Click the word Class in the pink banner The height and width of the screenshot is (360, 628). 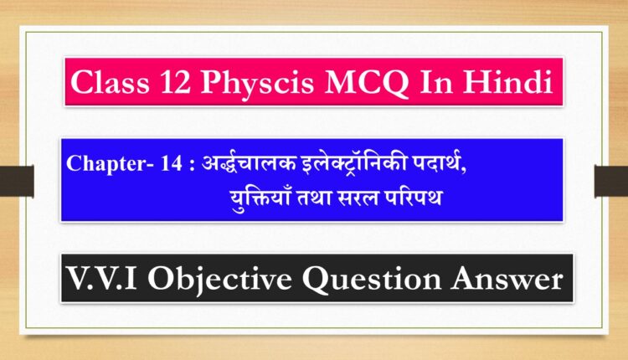click(110, 82)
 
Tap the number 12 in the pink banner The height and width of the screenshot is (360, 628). click(175, 82)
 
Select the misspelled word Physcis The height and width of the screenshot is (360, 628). click(257, 84)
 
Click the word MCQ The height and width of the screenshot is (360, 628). click(367, 83)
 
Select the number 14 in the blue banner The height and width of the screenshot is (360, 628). click(172, 163)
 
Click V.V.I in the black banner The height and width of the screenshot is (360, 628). click(102, 278)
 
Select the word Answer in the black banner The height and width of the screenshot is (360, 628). click(507, 279)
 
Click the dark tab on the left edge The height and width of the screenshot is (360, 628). click(17, 181)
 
